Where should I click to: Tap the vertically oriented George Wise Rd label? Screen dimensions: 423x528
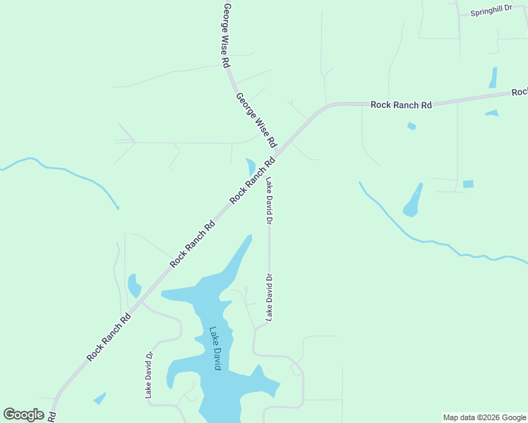(227, 35)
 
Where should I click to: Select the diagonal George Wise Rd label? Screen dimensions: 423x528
(256, 118)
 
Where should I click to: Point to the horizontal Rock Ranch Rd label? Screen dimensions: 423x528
(401, 104)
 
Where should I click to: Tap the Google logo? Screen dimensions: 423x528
(23, 415)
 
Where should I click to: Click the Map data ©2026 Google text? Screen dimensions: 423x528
(485, 417)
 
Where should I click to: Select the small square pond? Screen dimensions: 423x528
(468, 184)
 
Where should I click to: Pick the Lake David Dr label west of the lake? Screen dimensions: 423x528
(149, 376)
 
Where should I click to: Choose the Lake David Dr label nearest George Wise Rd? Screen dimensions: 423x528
(269, 202)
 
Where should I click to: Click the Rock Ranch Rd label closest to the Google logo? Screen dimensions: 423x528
(109, 338)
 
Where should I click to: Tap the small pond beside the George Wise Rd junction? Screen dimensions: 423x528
(251, 167)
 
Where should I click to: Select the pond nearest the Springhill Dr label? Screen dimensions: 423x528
(493, 77)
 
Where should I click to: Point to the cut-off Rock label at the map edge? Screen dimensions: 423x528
(520, 92)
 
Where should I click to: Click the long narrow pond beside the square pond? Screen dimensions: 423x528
(413, 202)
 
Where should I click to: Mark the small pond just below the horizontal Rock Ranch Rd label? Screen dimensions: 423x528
(412, 126)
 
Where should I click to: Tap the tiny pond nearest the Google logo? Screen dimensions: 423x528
(100, 398)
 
